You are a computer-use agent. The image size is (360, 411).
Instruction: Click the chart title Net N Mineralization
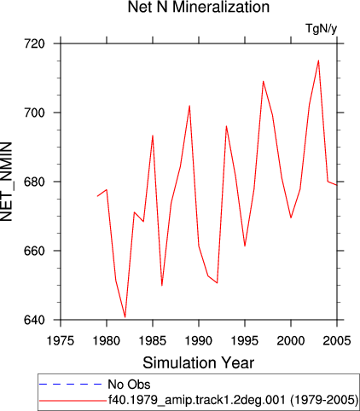[x=199, y=7]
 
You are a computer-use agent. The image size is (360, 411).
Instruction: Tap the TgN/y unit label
[x=322, y=29]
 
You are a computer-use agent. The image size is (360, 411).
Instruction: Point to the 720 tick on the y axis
[x=34, y=43]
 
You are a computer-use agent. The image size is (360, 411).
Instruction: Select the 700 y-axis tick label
[x=34, y=113]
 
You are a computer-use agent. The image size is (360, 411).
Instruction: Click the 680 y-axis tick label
[x=34, y=182]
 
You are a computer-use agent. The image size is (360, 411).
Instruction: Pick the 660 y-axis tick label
[x=34, y=251]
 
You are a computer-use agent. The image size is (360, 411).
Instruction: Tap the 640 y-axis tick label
[x=34, y=320]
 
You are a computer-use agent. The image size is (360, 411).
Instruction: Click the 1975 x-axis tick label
[x=61, y=340]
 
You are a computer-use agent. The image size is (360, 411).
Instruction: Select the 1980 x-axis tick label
[x=107, y=340]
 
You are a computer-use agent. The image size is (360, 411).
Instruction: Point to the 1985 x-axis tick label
[x=153, y=340]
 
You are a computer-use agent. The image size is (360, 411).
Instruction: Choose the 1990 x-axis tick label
[x=199, y=340]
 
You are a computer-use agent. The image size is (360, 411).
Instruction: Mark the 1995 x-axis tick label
[x=245, y=340]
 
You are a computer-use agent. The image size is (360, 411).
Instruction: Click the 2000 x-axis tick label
[x=291, y=340]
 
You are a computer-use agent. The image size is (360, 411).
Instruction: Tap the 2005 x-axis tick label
[x=337, y=340]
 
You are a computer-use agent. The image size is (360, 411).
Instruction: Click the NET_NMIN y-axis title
[x=6, y=182]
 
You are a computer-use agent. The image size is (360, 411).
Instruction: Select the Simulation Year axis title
[x=199, y=363]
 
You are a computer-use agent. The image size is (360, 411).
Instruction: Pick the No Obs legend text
[x=129, y=385]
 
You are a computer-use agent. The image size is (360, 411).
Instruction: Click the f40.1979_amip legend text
[x=233, y=400]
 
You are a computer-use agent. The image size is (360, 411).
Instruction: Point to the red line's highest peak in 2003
[x=318, y=61]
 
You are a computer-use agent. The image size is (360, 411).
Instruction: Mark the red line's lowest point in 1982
[x=125, y=316]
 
